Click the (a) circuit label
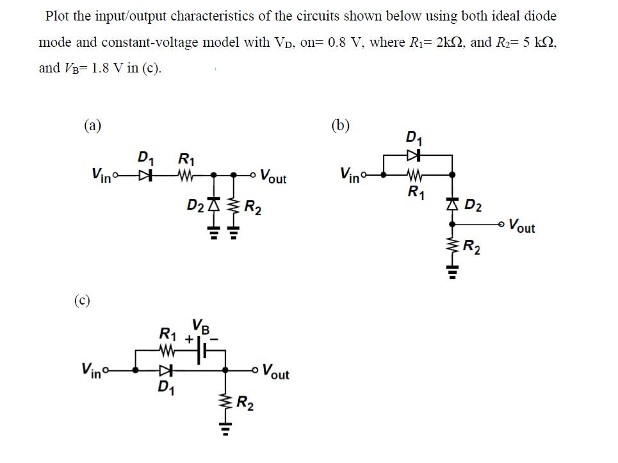point(93,126)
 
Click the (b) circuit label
point(341,126)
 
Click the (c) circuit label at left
point(81,299)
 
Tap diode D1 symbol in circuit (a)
point(148,174)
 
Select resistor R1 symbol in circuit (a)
point(186,174)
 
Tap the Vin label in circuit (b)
point(352,174)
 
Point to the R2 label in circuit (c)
point(244,403)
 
